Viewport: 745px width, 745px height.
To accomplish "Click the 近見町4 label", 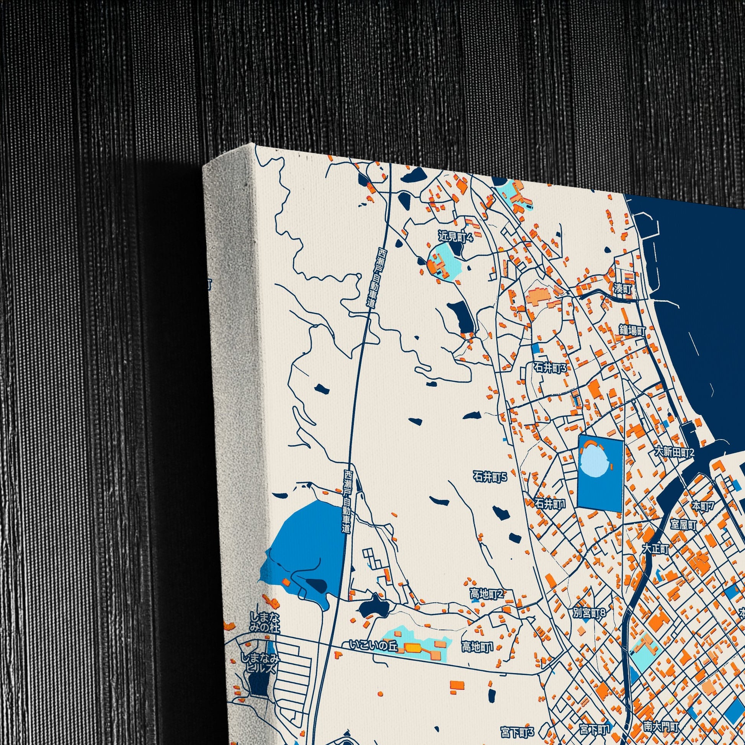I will click(456, 236).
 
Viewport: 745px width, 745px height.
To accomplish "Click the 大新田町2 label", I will click(674, 452).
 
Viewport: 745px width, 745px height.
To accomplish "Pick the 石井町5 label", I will click(490, 478).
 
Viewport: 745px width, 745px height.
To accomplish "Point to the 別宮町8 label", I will click(590, 613).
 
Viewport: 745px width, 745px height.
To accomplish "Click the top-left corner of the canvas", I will click(255, 144).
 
